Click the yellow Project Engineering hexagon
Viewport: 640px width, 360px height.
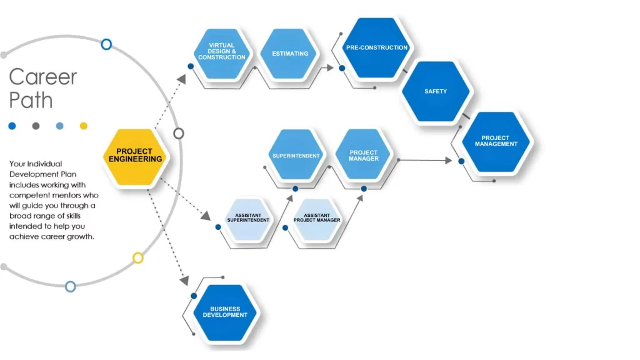point(135,156)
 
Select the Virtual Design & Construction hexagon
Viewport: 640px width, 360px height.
point(222,52)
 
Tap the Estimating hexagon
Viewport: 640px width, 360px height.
point(290,54)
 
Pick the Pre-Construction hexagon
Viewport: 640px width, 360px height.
point(377,48)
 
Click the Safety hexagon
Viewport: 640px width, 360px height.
point(436,92)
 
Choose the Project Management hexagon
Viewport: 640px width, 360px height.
point(496,141)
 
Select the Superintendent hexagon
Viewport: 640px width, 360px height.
point(296,156)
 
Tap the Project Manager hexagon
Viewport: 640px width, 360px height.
point(364,156)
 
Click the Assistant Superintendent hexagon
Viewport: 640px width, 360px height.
point(248,218)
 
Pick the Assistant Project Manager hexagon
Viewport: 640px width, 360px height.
point(317,218)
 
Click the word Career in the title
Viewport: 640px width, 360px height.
point(42,77)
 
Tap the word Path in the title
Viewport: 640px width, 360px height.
point(31,100)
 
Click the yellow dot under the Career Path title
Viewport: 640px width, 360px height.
point(84,126)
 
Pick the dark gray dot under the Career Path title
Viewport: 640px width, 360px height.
point(36,126)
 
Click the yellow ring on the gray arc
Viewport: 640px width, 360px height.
point(138,257)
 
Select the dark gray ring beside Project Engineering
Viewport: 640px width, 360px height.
point(179,133)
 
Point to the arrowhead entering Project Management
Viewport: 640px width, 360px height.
point(448,161)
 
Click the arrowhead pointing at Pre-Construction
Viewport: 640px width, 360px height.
point(330,67)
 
